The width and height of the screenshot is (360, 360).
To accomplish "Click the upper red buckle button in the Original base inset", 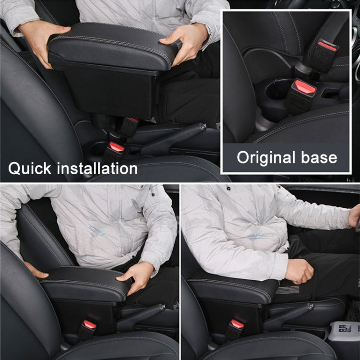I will click(x=327, y=46).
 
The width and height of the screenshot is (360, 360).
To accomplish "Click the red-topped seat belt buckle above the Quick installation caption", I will click(x=116, y=147).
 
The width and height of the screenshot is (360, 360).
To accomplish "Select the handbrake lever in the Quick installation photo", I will click(x=173, y=137).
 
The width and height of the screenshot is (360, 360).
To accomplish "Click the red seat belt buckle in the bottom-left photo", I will click(x=89, y=325).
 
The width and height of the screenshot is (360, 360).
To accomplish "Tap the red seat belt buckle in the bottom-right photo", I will click(x=237, y=324).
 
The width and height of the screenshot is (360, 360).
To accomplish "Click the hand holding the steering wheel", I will click(x=355, y=216).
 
